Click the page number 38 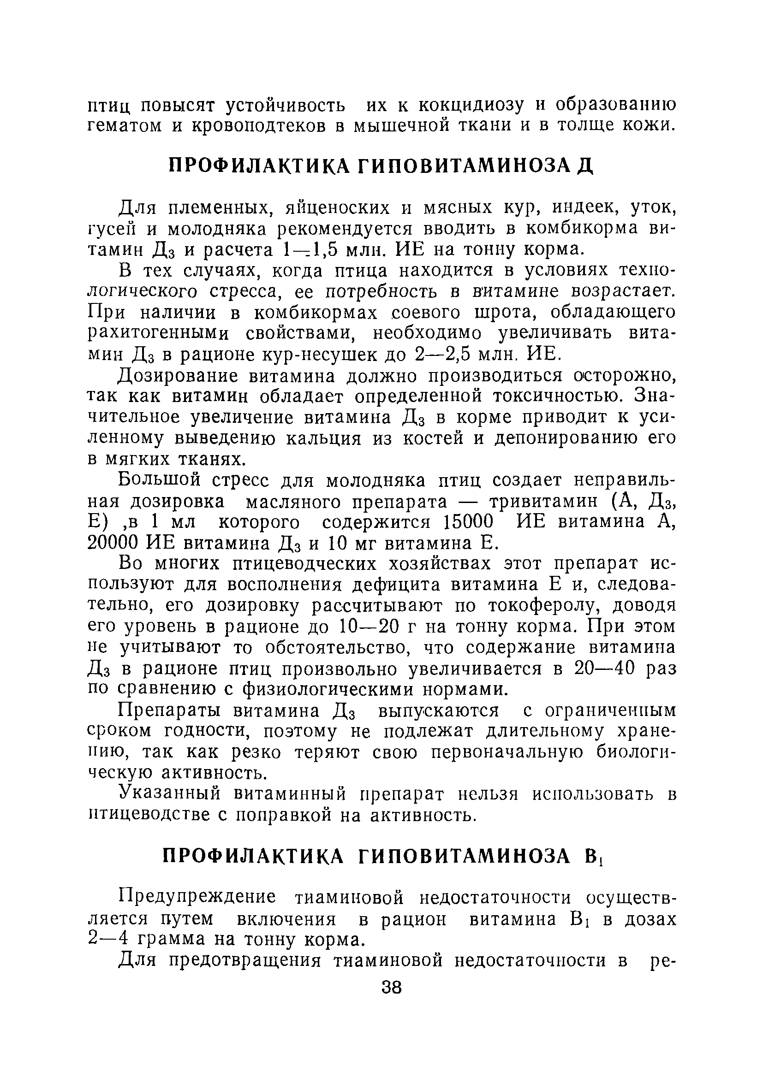[x=392, y=988]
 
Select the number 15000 [x=467, y=522]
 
